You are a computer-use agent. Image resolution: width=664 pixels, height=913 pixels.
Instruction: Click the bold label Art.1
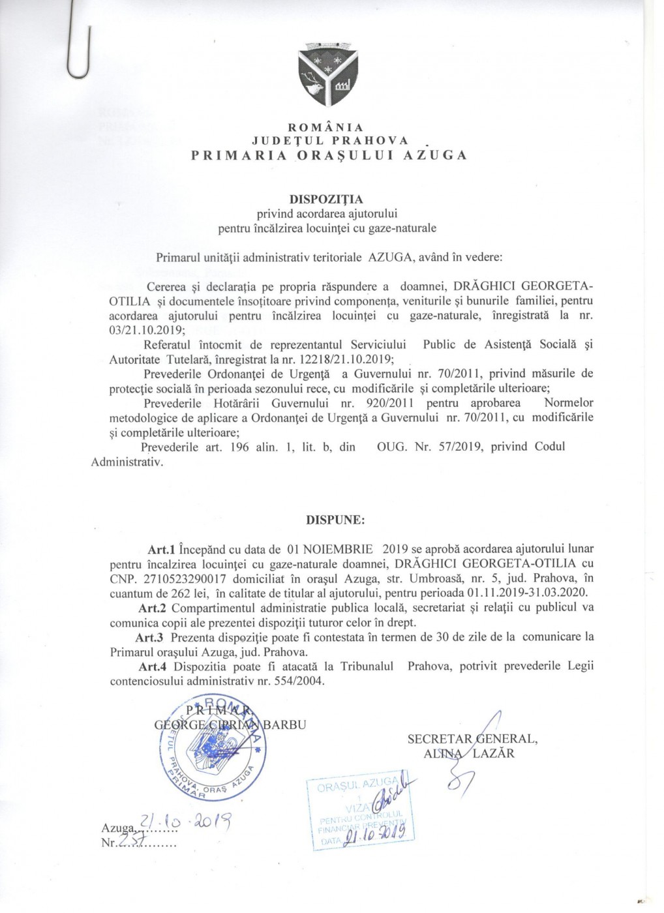[x=160, y=548]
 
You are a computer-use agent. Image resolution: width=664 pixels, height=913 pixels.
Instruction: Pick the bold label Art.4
[x=152, y=666]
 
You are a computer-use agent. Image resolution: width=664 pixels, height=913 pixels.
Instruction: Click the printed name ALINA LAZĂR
[x=468, y=753]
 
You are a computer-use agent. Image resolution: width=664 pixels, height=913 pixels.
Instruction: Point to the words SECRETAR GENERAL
[x=472, y=739]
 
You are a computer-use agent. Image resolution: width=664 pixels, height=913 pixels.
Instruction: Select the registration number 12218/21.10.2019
[x=338, y=357]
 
